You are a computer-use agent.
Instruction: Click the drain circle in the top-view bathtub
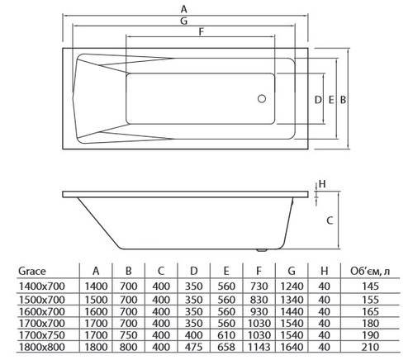pos(262,99)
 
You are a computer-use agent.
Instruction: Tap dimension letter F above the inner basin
pos(202,33)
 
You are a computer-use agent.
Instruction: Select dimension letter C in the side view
pos(329,220)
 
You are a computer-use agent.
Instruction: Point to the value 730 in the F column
pos(257,284)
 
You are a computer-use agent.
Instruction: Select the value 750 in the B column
pos(128,337)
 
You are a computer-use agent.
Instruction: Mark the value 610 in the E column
pos(225,337)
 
